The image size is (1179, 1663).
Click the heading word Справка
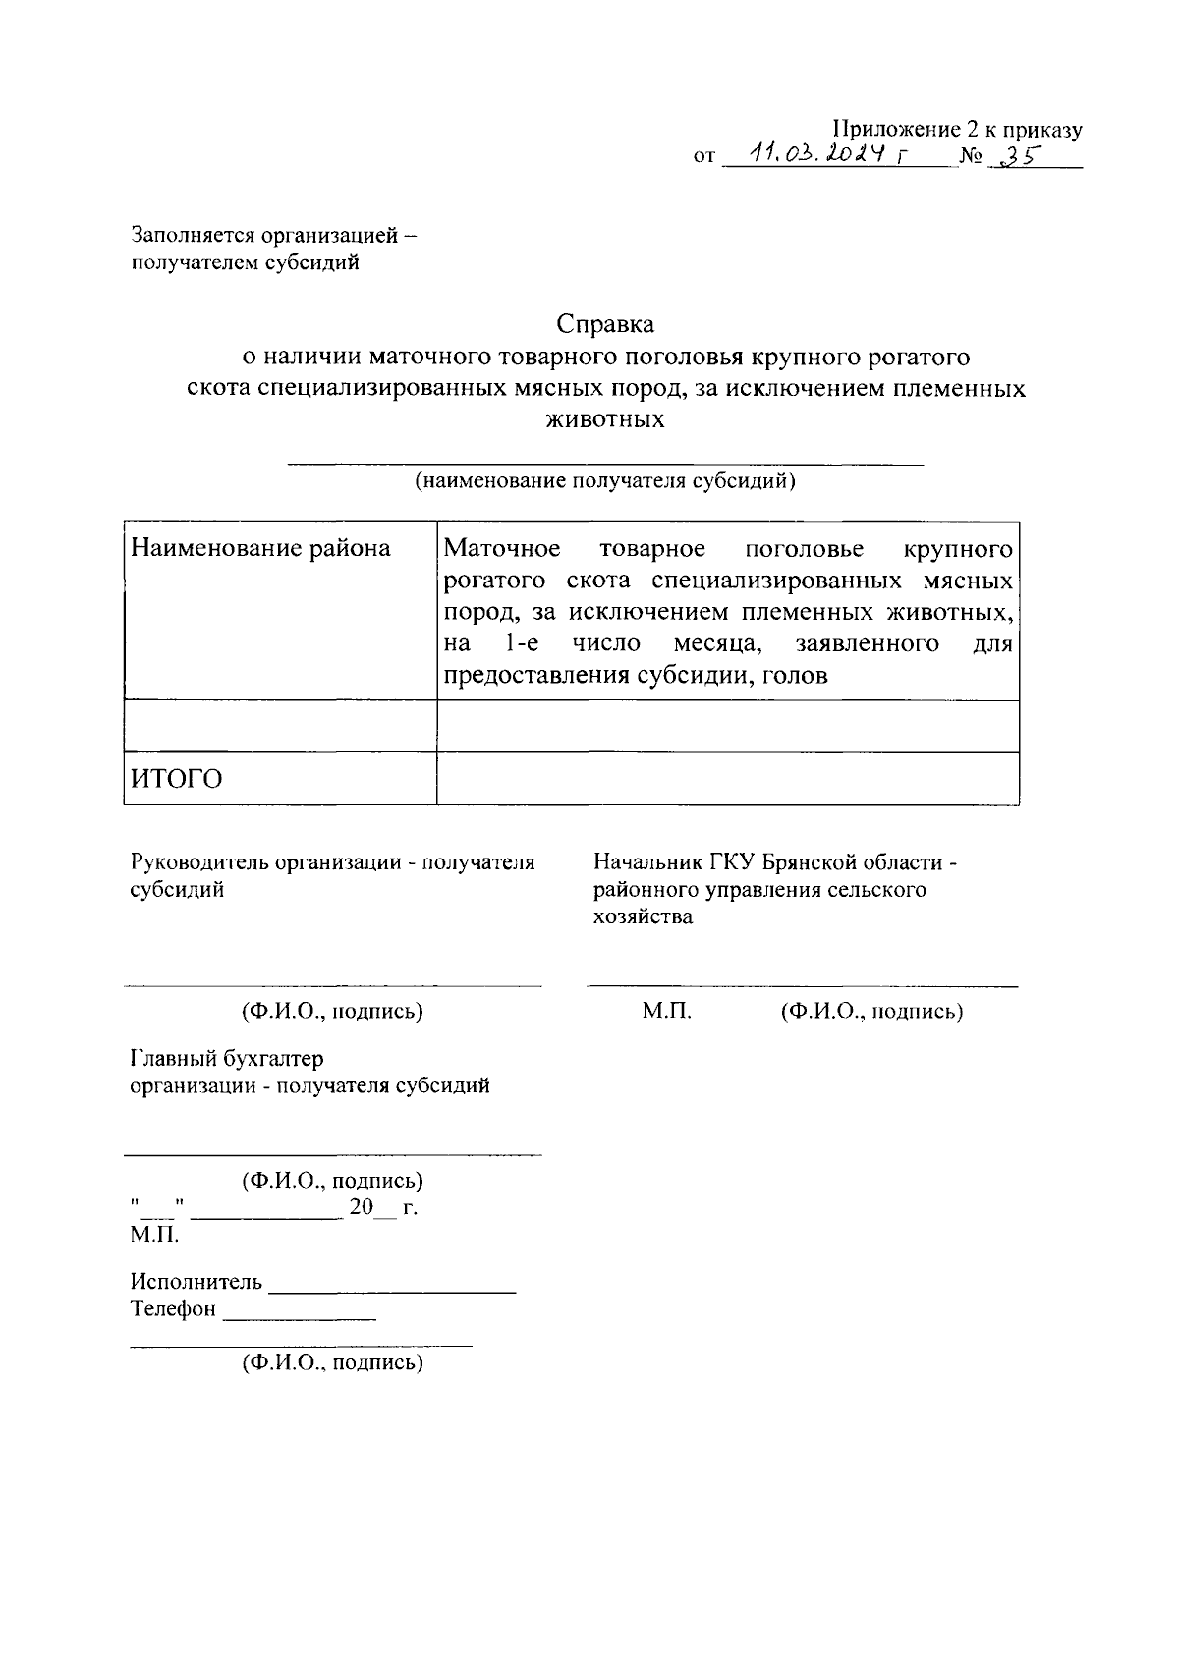click(x=605, y=322)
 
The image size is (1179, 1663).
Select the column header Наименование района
click(x=260, y=548)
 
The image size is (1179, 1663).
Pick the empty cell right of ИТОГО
click(x=727, y=779)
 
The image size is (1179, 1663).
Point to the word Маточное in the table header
click(x=502, y=548)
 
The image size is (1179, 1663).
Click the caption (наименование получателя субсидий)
click(x=604, y=481)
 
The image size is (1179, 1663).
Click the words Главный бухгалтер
click(x=227, y=1059)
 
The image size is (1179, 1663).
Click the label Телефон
click(x=173, y=1309)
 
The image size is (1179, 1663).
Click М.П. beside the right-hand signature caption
click(x=667, y=1011)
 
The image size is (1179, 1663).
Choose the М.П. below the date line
click(x=154, y=1234)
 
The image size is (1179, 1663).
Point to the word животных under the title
click(x=604, y=420)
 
